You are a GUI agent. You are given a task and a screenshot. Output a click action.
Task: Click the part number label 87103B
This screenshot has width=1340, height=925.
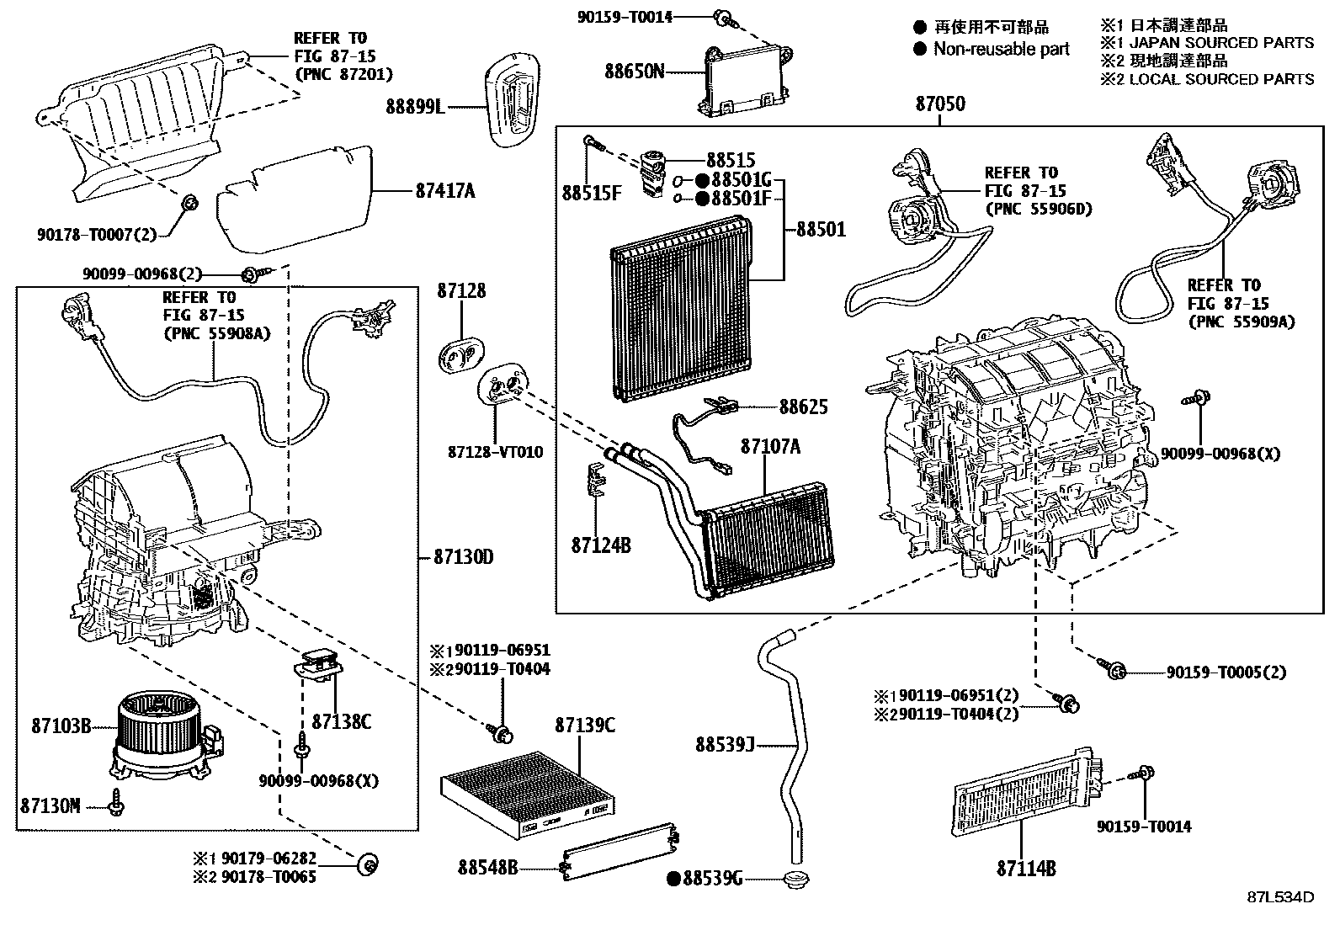tap(61, 725)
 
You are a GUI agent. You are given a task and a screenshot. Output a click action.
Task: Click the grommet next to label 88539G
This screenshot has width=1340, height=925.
tap(793, 880)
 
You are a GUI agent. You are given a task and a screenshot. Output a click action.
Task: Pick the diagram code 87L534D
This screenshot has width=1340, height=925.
tap(1280, 897)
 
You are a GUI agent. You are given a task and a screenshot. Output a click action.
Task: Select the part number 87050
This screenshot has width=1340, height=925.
tap(940, 104)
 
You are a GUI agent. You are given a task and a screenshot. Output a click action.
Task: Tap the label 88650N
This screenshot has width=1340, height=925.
tap(634, 72)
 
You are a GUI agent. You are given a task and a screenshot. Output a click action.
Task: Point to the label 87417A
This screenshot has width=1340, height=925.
tap(444, 191)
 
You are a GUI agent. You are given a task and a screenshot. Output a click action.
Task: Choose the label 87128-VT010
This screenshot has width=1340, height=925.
tap(495, 452)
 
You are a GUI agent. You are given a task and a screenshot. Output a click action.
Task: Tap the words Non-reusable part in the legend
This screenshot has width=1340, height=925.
tap(1001, 49)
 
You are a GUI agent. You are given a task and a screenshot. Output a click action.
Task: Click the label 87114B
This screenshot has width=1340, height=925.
tap(1026, 869)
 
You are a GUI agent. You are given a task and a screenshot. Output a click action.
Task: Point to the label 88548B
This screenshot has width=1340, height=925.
tap(488, 866)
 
